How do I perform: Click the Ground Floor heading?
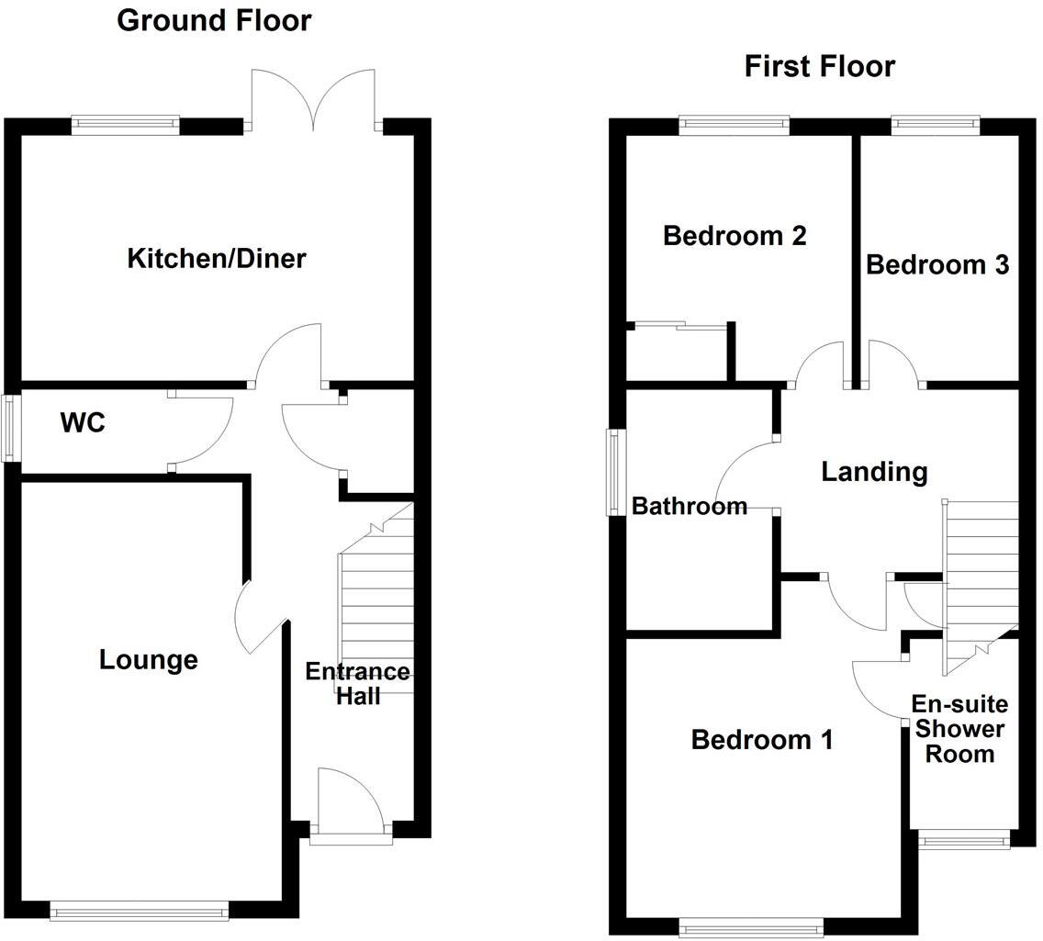click(214, 20)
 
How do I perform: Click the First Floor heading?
click(819, 66)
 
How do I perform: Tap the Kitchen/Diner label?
click(216, 259)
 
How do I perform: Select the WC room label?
click(83, 423)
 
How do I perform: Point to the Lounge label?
click(148, 659)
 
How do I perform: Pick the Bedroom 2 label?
click(735, 236)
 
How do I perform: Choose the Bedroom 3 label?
click(937, 265)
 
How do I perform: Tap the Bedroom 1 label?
click(762, 740)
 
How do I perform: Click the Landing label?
click(874, 472)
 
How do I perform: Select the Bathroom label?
click(690, 506)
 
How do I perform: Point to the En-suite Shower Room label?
click(959, 729)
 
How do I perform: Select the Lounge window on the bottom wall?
click(139, 911)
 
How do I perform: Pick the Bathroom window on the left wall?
click(613, 472)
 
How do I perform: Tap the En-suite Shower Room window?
click(964, 839)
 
